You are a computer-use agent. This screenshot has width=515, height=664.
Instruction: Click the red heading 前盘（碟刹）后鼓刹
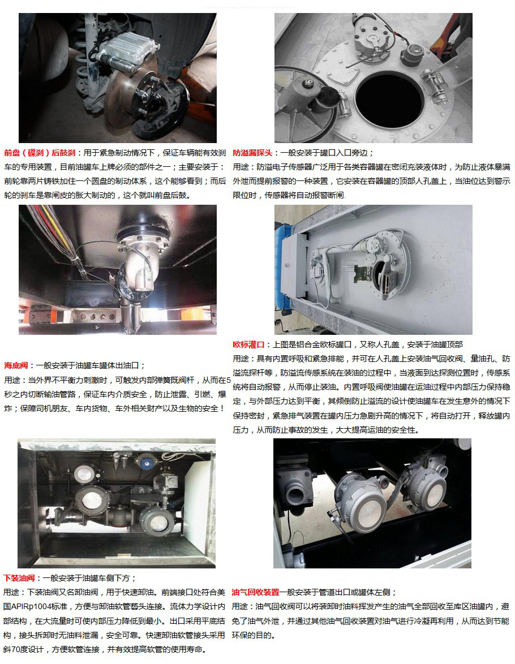click(40, 153)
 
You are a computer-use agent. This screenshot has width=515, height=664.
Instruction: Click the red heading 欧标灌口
click(248, 344)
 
